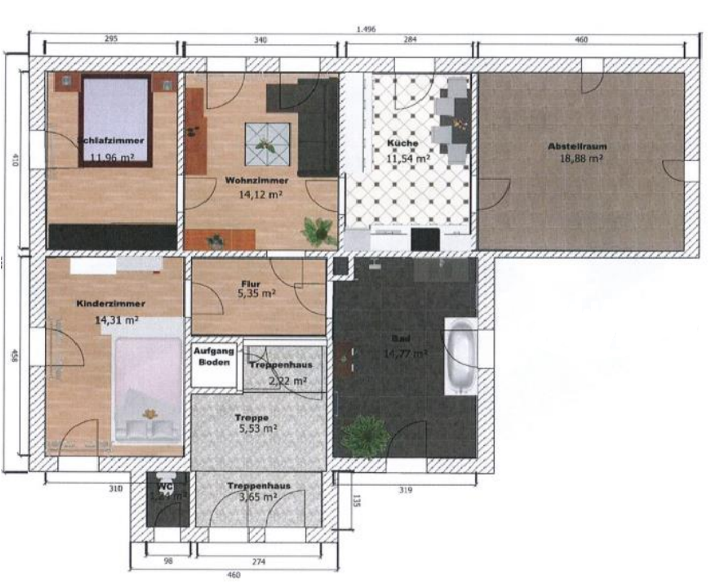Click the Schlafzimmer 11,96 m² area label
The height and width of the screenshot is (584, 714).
(x=112, y=158)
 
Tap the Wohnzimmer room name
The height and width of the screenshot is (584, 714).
(x=257, y=181)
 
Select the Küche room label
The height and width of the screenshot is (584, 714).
(x=402, y=143)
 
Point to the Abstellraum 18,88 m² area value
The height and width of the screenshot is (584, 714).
(x=581, y=159)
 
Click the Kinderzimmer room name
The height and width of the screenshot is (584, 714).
(x=111, y=304)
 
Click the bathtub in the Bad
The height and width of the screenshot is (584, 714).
(x=461, y=357)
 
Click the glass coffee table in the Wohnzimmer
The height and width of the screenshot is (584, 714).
(x=267, y=144)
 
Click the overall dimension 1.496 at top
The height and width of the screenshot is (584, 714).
(x=366, y=29)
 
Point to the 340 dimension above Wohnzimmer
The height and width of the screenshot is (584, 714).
(x=260, y=40)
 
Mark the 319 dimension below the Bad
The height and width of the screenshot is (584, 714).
(x=405, y=490)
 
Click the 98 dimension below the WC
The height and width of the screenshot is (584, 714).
(x=168, y=561)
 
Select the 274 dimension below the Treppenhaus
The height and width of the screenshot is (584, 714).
(x=258, y=561)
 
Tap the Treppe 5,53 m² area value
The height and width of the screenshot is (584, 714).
(x=258, y=428)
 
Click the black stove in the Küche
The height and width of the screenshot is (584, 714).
(x=425, y=239)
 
